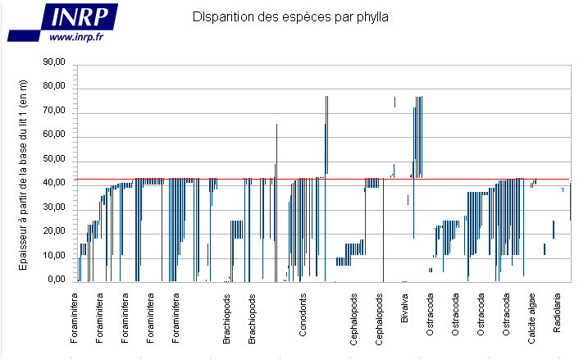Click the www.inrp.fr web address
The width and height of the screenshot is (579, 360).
pos(75,37)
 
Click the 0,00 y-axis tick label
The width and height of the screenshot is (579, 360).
pos(56,280)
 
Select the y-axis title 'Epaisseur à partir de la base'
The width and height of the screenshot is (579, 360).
pos(24,171)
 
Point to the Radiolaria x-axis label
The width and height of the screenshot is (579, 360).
pos(558,313)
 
